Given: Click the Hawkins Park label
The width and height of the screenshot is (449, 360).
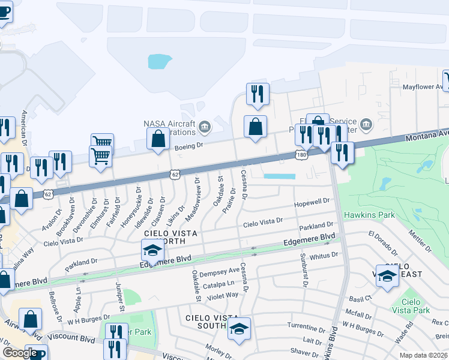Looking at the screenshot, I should pyautogui.click(x=369, y=215).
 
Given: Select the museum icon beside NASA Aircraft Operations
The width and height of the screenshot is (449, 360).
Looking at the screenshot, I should pyautogui.click(x=205, y=126).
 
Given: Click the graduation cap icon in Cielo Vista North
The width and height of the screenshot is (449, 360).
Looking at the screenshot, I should pyautogui.click(x=152, y=250).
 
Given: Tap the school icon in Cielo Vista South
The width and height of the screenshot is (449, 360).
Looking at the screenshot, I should pyautogui.click(x=239, y=328).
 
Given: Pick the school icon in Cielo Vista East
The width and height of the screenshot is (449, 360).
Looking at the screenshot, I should pyautogui.click(x=387, y=275).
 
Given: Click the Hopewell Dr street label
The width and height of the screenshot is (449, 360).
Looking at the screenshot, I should pyautogui.click(x=312, y=202).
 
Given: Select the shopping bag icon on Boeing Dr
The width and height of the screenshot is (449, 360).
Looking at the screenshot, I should pyautogui.click(x=158, y=139).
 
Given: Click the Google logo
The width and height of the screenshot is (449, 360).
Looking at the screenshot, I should pyautogui.click(x=19, y=352).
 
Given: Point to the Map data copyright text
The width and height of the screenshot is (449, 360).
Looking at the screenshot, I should pyautogui.click(x=423, y=355).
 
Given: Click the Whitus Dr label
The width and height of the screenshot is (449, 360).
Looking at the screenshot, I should pyautogui.click(x=325, y=255).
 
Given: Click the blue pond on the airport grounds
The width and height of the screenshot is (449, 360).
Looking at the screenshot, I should pyautogui.click(x=159, y=61).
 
